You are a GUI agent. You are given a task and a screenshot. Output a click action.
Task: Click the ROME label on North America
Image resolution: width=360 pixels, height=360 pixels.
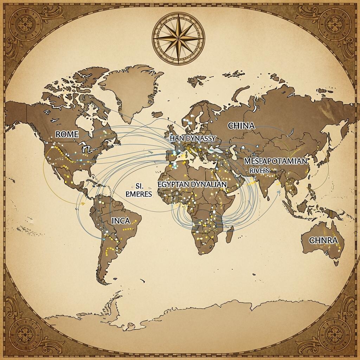tap(67, 134)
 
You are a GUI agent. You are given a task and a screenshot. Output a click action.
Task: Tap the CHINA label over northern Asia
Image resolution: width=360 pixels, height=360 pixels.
tap(241, 126)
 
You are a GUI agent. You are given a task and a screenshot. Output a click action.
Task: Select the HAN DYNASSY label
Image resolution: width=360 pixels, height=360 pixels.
tap(192, 139)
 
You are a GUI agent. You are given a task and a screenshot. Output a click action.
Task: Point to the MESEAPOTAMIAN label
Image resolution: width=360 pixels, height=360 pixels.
tap(275, 161)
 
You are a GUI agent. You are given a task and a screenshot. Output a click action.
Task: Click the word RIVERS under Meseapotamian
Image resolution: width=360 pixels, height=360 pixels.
tap(260, 170)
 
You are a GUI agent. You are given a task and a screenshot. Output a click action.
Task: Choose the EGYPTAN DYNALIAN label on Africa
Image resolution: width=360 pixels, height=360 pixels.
tap(193, 184)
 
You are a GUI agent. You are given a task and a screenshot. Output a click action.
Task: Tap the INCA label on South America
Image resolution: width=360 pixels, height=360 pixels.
tap(121, 221)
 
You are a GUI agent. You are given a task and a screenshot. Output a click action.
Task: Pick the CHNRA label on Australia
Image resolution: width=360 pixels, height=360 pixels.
tap(323, 240)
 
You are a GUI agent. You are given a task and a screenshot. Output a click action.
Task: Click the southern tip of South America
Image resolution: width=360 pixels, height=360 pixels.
tap(103, 283)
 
